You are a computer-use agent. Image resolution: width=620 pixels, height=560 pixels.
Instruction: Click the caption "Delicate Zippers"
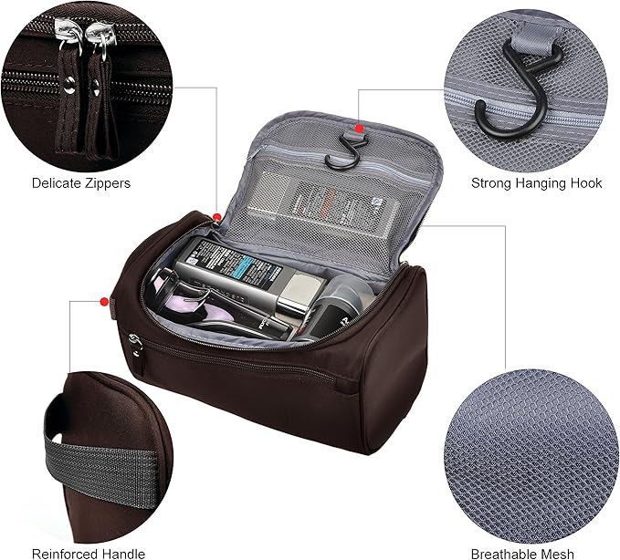(81, 183)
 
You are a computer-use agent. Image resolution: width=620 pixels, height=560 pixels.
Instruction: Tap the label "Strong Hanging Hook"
(536, 183)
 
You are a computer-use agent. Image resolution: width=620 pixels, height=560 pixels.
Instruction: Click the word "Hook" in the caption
(584, 183)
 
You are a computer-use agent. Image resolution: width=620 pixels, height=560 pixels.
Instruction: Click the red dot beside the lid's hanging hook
(360, 128)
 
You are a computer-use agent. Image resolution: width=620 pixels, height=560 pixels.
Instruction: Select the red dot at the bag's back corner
(216, 216)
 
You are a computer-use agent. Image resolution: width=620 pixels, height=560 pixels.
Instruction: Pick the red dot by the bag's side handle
(102, 300)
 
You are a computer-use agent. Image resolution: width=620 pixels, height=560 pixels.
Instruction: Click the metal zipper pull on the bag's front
(136, 343)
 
